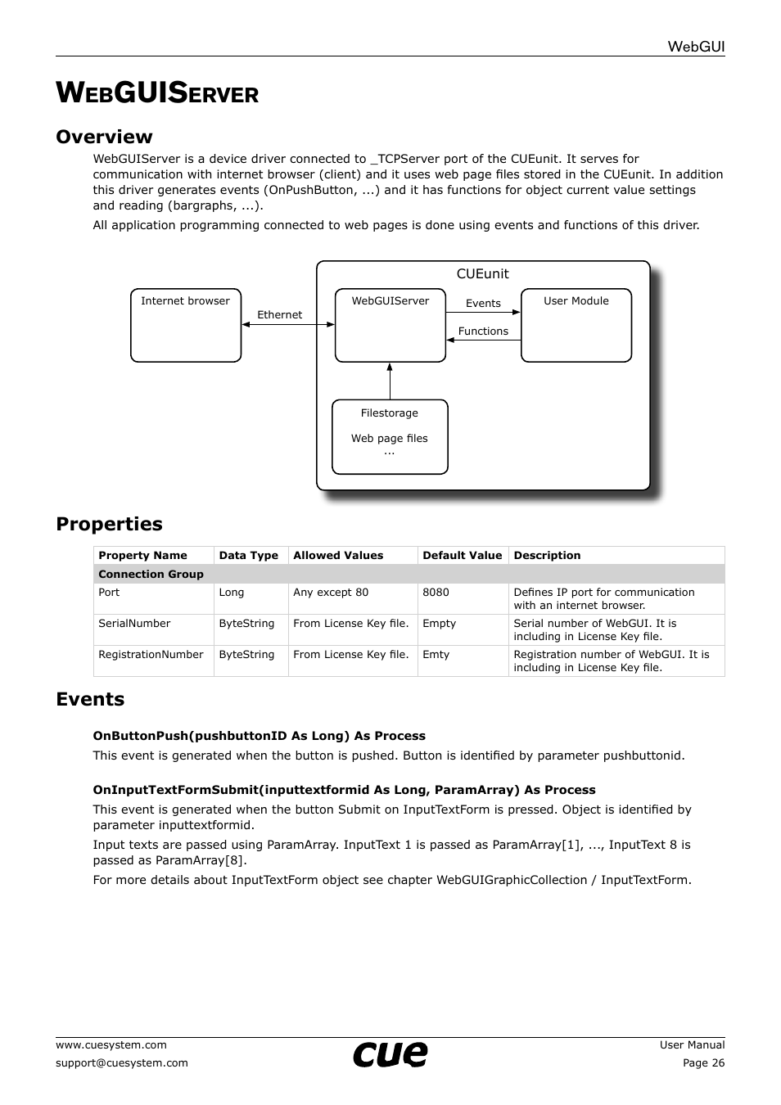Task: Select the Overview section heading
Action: [104, 137]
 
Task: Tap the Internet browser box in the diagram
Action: [186, 325]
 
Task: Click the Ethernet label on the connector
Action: [279, 315]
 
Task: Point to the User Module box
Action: [576, 325]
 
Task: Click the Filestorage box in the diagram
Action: [390, 436]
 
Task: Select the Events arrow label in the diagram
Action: [483, 304]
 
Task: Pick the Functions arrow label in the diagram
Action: [483, 331]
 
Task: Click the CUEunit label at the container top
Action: [482, 274]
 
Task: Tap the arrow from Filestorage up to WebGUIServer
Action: [390, 381]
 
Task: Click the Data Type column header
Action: [248, 556]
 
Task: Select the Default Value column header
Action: [462, 556]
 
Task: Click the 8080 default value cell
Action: [436, 593]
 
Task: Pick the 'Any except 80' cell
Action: [331, 593]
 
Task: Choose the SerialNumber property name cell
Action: [134, 624]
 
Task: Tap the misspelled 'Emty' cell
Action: [436, 655]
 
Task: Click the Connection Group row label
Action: [151, 575]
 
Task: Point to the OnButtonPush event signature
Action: [259, 736]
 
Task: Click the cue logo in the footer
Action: [390, 1054]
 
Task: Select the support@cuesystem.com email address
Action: [122, 1063]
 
